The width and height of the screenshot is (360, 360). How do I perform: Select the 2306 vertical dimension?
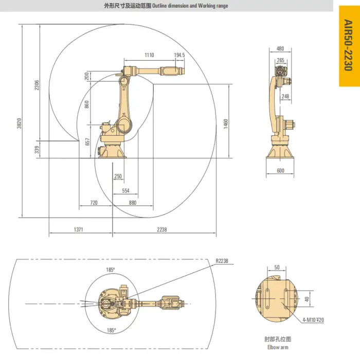coord(37,85)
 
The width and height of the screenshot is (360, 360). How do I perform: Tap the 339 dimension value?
coord(37,150)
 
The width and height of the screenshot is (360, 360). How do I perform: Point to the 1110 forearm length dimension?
coord(149,55)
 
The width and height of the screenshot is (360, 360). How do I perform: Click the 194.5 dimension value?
coord(179,55)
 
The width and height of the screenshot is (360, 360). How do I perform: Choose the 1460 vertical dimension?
coord(225,124)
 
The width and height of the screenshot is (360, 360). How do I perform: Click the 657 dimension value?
coord(87,141)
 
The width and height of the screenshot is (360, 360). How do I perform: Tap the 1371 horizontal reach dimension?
coord(78,229)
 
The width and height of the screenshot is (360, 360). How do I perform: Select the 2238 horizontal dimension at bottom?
coord(161,229)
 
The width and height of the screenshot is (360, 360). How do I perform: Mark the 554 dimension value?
coord(125,190)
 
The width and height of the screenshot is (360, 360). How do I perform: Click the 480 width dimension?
coord(280,49)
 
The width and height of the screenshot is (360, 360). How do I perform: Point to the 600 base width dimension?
coord(280,171)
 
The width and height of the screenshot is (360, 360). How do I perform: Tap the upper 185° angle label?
coord(111,269)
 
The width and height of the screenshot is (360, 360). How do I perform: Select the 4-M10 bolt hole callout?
coord(313,320)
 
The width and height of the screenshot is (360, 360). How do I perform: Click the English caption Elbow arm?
coord(276,347)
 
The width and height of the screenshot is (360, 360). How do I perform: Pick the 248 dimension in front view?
coord(285,96)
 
